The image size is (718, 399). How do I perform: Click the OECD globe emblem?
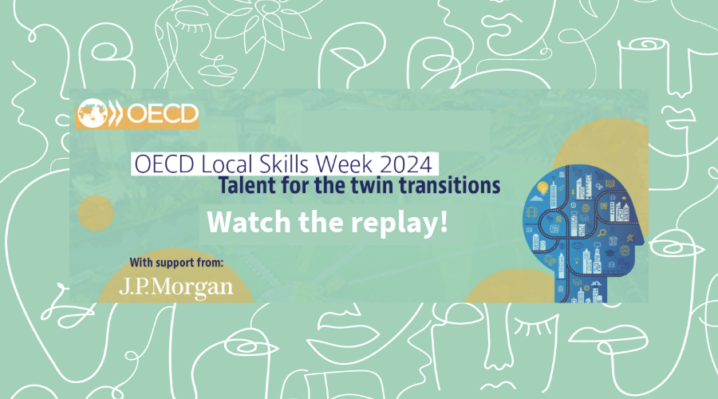click(x=93, y=113)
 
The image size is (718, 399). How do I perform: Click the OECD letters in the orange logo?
click(x=162, y=114)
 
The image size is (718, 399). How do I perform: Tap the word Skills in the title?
click(x=286, y=164)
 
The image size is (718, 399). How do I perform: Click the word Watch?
click(x=249, y=222)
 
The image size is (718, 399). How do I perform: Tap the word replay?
click(x=393, y=223)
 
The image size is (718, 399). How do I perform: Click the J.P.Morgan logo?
click(x=176, y=287)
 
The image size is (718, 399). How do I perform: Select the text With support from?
click(x=176, y=263)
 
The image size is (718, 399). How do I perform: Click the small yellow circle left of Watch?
click(x=96, y=213)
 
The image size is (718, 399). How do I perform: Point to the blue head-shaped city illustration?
click(x=582, y=233)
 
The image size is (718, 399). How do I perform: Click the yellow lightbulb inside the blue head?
click(x=542, y=188)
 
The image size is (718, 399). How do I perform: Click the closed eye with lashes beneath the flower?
click(x=193, y=26)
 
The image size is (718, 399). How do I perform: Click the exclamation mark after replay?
click(x=443, y=221)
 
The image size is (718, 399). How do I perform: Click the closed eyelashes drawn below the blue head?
click(x=536, y=328)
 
